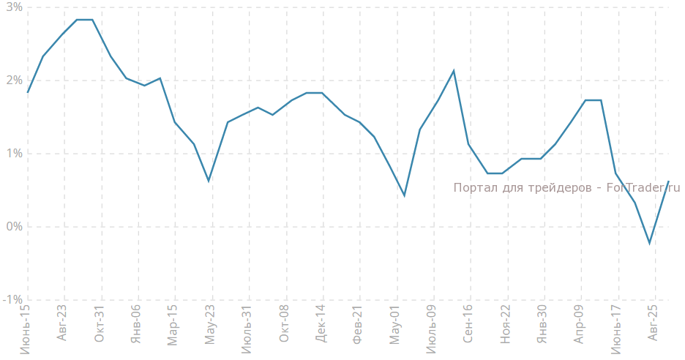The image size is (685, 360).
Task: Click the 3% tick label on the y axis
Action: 12,7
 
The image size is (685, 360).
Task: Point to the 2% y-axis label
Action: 12,80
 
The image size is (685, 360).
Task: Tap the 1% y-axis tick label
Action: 12,154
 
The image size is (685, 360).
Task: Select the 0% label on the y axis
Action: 12,227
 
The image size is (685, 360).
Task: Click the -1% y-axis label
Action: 11,300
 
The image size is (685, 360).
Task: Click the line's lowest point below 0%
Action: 649,243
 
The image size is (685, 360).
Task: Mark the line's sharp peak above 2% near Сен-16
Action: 454,71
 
